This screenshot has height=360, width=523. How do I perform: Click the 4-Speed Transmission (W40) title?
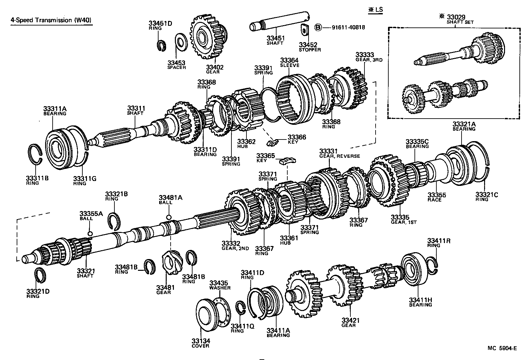(51, 20)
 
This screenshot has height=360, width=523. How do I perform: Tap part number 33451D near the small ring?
(160, 23)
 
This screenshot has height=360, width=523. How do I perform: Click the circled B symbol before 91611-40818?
(318, 27)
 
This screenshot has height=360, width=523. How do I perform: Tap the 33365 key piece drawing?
(288, 160)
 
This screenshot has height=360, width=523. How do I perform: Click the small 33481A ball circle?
(169, 217)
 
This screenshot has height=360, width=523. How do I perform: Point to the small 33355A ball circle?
(90, 233)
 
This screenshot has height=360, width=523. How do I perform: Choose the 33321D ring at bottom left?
(41, 275)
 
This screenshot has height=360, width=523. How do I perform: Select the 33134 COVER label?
(201, 343)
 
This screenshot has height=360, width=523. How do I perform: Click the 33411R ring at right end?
(433, 264)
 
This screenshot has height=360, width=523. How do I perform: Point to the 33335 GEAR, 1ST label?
(404, 219)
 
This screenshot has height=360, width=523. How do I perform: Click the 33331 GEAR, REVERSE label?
(339, 153)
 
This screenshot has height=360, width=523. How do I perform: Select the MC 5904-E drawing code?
(502, 348)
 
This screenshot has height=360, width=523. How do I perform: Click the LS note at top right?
(375, 9)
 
